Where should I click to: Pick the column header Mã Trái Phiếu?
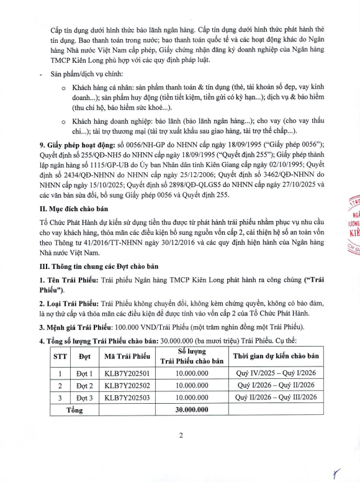(x=128, y=357)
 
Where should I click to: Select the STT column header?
(x=60, y=357)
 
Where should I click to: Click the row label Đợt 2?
(x=84, y=386)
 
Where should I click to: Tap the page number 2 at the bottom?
(x=181, y=435)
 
